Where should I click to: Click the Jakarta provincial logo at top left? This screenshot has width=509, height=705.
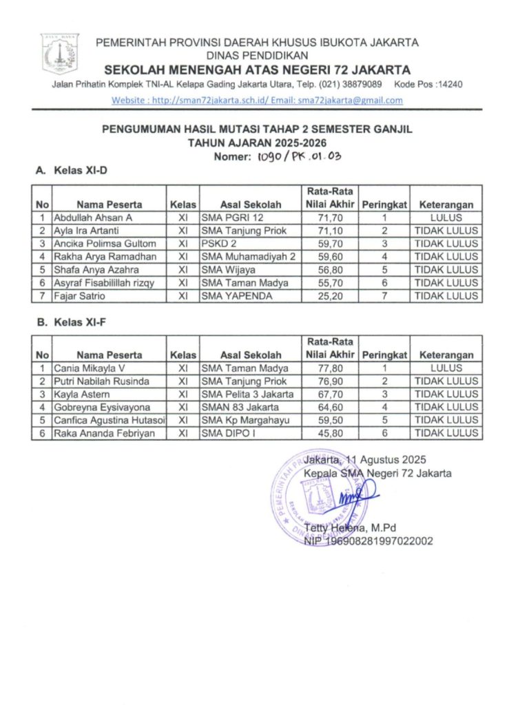[61, 53]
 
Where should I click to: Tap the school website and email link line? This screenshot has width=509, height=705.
[257, 100]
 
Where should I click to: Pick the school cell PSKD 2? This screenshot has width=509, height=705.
[218, 244]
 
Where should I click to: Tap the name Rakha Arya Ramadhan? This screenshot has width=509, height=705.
[102, 257]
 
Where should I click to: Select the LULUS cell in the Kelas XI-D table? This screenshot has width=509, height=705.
[446, 218]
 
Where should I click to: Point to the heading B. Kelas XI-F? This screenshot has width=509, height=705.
[72, 321]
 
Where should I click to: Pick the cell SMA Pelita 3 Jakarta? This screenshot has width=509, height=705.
[248, 394]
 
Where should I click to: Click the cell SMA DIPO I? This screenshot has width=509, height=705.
[225, 434]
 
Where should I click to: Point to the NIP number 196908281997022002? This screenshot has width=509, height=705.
[368, 541]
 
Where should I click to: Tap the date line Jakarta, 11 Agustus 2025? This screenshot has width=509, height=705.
[365, 460]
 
